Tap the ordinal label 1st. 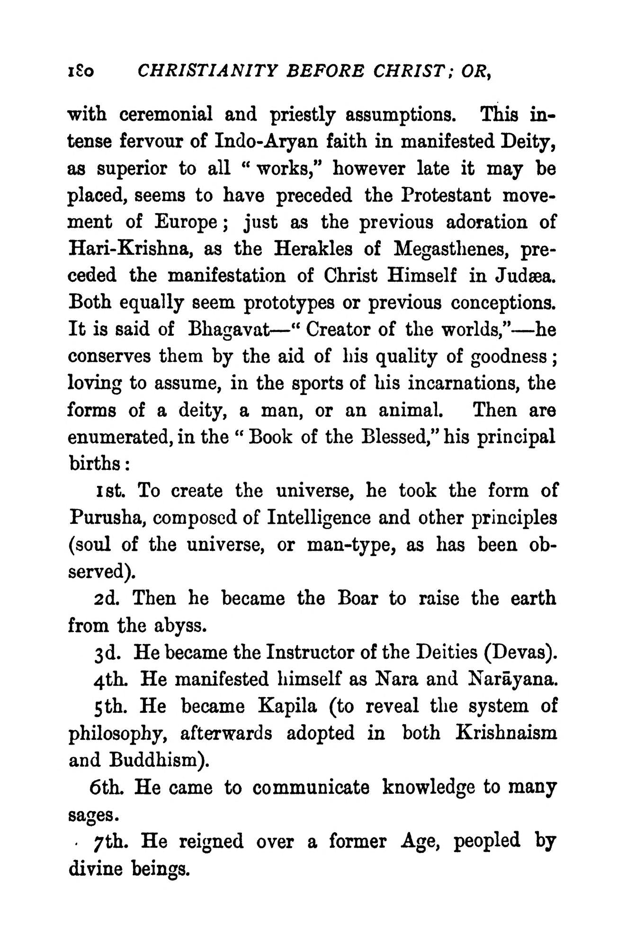(109, 491)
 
